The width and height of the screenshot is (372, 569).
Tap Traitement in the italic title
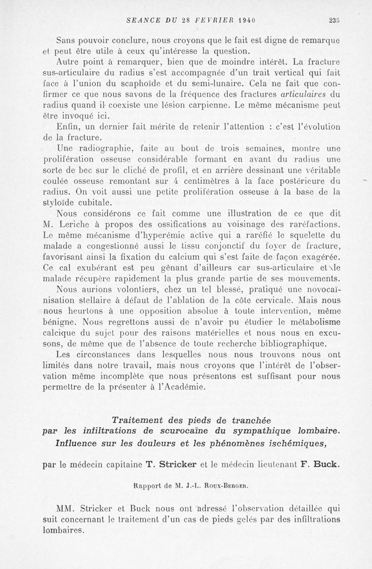click(139, 420)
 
